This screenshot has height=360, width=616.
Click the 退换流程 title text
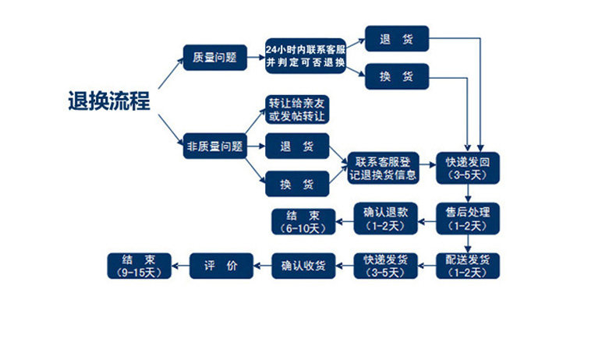[x=108, y=101]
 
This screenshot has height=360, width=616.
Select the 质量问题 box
[x=214, y=57]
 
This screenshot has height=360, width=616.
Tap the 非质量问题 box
[x=214, y=146]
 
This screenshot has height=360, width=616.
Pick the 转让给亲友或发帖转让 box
[x=296, y=110]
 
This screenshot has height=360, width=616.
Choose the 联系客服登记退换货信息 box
[x=384, y=168]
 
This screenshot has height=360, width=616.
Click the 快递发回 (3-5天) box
[x=468, y=168]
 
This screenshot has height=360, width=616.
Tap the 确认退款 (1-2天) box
[x=384, y=219]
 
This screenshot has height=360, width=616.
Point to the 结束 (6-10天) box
[x=302, y=221]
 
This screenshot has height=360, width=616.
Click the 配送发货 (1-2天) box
[x=468, y=266]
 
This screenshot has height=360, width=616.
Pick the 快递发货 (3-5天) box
[x=384, y=266]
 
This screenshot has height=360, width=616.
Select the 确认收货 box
[x=303, y=266]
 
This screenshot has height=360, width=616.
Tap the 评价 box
[x=221, y=266]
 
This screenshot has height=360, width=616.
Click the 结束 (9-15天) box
[x=138, y=266]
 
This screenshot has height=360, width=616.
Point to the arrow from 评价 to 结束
[x=179, y=266]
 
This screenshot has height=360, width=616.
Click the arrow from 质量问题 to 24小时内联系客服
[x=253, y=57]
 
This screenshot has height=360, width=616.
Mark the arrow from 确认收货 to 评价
[x=261, y=266]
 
